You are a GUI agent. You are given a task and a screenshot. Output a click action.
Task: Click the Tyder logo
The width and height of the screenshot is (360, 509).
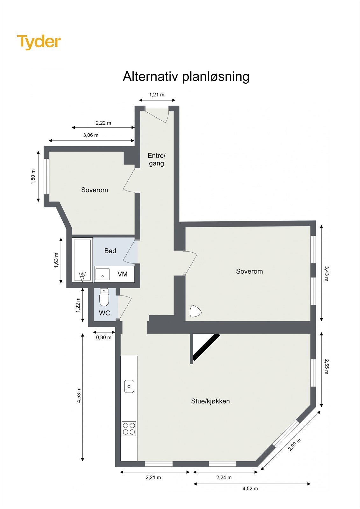(39, 42)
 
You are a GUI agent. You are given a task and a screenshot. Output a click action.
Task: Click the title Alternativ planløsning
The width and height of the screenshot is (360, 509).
(186, 77)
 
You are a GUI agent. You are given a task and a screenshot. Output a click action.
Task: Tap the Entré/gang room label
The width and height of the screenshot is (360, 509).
(156, 159)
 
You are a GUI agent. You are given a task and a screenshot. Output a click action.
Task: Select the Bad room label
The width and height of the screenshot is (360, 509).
(110, 251)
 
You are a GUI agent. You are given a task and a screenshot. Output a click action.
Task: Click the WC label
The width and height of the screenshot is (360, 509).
(104, 313)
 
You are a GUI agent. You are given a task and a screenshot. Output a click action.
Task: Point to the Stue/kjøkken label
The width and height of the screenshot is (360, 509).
(210, 401)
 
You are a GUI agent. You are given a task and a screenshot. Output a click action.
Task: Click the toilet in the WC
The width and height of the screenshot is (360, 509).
(104, 297)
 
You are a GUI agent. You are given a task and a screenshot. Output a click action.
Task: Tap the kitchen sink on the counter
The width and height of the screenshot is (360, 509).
(129, 386)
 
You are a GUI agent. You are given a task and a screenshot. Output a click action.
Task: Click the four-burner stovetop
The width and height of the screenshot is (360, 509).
(129, 429)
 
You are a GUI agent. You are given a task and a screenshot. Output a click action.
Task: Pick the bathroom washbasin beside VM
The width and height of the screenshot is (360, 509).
(102, 274)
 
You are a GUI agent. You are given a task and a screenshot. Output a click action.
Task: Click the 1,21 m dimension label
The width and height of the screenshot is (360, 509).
(157, 95)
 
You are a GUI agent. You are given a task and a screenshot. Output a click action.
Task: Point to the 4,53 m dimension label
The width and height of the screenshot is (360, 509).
(79, 395)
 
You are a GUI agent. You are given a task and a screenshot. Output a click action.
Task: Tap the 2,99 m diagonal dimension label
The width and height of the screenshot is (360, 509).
(294, 444)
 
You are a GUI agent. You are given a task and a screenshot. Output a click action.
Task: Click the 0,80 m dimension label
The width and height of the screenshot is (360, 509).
(104, 338)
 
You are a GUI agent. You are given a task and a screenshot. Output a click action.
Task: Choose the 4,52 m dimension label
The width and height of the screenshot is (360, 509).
(250, 489)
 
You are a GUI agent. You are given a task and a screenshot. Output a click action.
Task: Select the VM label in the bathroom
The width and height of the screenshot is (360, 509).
(123, 274)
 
